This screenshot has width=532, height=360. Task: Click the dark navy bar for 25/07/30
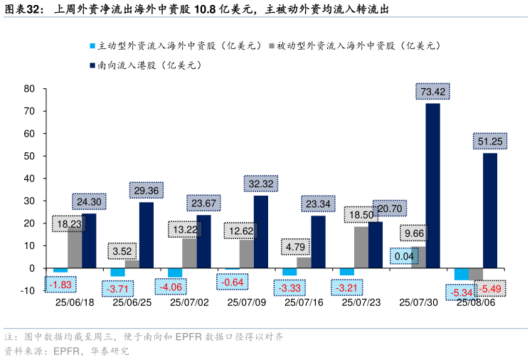point(432,185)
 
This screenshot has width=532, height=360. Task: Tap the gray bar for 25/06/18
point(75,249)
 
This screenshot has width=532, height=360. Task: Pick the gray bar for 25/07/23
point(361,247)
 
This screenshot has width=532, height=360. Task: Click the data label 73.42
point(433,91)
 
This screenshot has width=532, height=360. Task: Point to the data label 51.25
point(490,142)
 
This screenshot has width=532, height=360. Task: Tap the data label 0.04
point(404,256)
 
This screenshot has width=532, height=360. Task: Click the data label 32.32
point(261,184)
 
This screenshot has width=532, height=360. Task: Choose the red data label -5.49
point(490,289)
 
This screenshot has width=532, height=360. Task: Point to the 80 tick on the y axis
point(29,89)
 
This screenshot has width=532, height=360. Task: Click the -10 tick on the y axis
point(28,291)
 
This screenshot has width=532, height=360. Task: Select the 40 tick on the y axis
point(29,179)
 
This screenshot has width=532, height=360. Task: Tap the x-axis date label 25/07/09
point(246,302)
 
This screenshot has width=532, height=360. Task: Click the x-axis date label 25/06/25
point(132,302)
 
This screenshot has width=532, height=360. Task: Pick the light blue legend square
point(92,46)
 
